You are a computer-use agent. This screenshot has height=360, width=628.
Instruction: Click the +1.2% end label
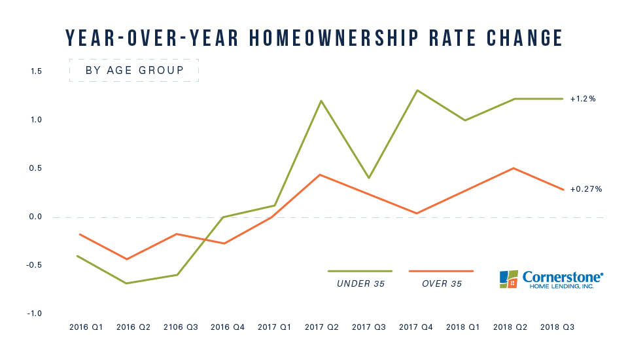pos(582,99)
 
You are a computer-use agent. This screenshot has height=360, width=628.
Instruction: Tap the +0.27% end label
pos(585,189)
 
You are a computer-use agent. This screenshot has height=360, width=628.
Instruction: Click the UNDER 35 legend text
pos(360,283)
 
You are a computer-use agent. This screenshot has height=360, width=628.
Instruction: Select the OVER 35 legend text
pos(441,283)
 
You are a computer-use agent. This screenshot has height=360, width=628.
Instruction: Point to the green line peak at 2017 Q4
pos(417,90)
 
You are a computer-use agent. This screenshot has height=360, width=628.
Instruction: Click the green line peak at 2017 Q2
pos(321,101)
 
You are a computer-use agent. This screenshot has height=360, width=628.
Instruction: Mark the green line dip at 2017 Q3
pos(369,178)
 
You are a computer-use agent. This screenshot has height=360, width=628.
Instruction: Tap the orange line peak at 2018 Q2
pos(512,168)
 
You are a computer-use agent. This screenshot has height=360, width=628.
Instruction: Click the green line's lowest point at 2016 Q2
pos(127,283)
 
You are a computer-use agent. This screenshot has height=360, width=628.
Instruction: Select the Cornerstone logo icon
pos(508,279)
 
